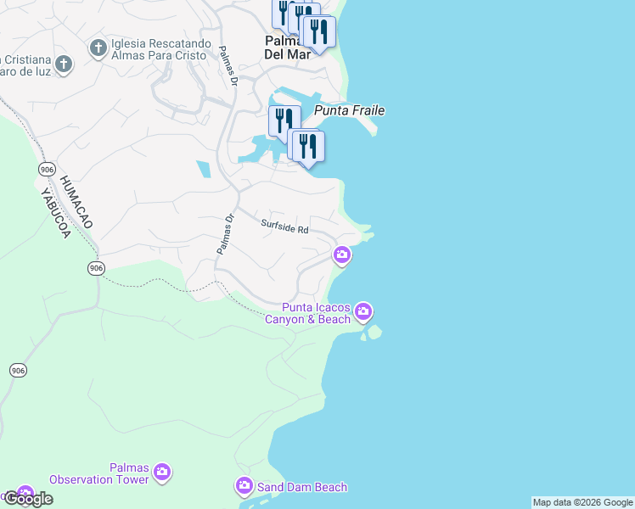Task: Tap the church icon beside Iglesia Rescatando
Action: [98, 48]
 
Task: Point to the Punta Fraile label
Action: [350, 110]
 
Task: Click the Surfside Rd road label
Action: [284, 226]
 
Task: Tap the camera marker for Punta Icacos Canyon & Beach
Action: [364, 312]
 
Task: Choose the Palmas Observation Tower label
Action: [99, 473]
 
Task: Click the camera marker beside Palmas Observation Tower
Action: [162, 473]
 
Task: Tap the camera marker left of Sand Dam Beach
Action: [244, 486]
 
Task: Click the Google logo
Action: [28, 499]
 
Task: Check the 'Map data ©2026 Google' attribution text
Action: [582, 502]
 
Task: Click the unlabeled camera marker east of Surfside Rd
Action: [342, 254]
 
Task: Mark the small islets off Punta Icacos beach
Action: [373, 333]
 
